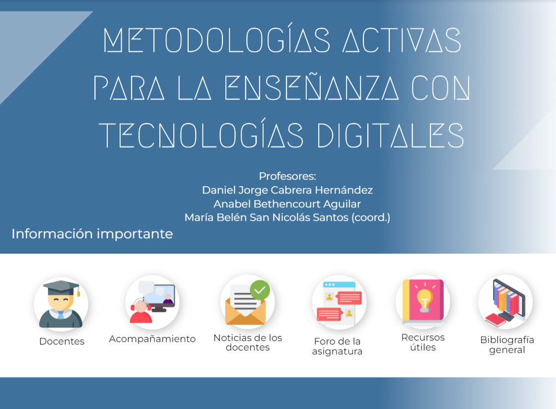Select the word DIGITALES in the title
point(390,136)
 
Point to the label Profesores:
point(287,176)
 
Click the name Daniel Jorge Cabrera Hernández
point(287,190)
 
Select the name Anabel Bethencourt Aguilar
point(287,204)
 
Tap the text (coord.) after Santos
point(370,217)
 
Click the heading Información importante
point(92,234)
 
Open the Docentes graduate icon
point(61,304)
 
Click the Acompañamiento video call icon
point(152,302)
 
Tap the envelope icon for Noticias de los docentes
point(248,302)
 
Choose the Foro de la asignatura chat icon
point(339,302)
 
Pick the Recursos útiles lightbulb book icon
point(422,302)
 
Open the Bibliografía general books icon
point(505,302)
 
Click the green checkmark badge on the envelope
point(260,290)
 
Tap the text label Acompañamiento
point(152,339)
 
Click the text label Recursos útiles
point(423,342)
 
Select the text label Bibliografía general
point(507,345)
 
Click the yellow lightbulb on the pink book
point(424,300)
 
